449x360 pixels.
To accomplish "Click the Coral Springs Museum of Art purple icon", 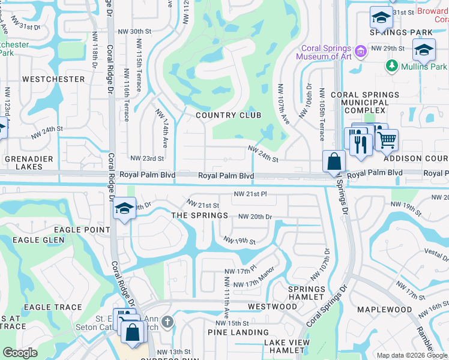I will [361, 52].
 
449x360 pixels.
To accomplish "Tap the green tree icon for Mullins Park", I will [393, 66].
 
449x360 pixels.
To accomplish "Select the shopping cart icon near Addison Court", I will [387, 140].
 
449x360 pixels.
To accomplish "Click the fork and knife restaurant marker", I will [360, 144].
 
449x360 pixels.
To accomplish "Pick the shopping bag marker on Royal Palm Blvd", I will [333, 161].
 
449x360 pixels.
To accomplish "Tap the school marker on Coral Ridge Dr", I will [124, 208].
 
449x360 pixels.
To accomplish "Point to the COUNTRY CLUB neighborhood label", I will [228, 115].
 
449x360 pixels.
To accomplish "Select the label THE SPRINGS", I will [199, 215].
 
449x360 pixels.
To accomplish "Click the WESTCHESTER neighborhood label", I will [53, 79].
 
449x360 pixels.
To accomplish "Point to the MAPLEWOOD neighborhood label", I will [384, 310].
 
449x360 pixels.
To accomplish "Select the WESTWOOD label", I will [272, 307].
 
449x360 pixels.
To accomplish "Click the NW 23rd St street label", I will [147, 158].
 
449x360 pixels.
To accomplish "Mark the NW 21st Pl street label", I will [250, 194].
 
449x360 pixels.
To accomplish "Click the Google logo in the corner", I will [20, 353].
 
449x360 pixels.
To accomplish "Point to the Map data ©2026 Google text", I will [406, 355].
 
